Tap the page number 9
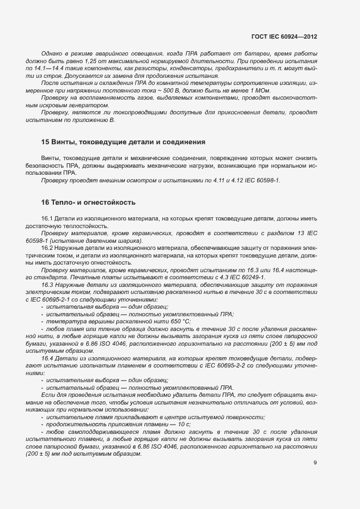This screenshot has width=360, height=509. (x=315, y=463)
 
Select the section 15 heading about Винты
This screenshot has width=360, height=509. (x=123, y=142)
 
